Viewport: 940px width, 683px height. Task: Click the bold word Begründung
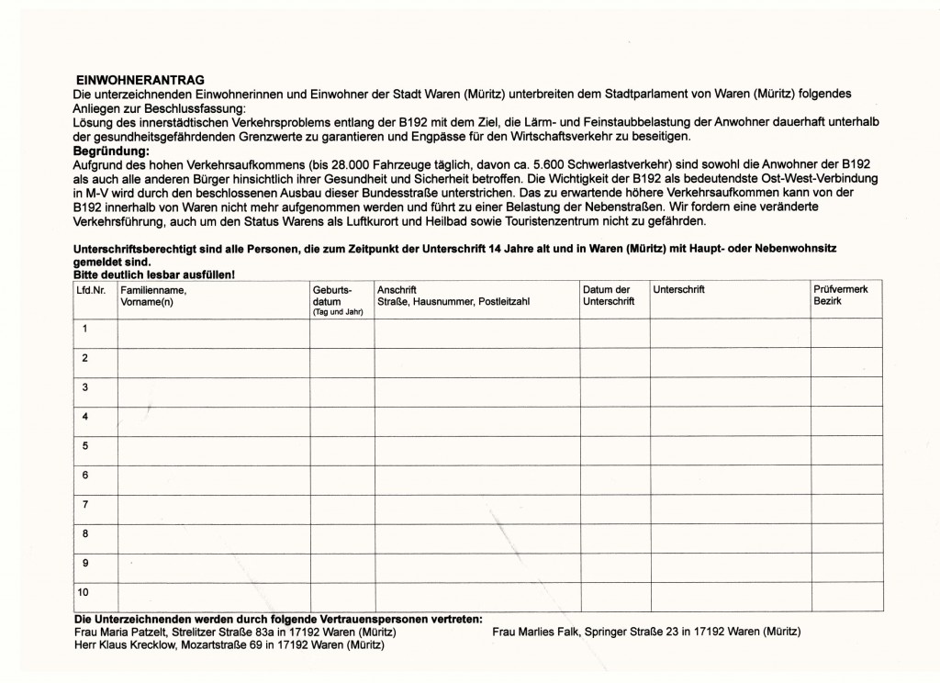(x=109, y=150)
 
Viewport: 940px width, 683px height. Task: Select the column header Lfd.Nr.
(x=92, y=289)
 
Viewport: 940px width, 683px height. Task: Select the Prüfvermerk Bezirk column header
(x=840, y=296)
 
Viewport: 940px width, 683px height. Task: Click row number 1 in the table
(x=85, y=329)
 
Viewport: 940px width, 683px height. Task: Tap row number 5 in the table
(x=85, y=446)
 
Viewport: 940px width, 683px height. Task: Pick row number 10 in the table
(x=87, y=592)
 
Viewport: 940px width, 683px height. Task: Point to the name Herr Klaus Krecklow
(x=119, y=644)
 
